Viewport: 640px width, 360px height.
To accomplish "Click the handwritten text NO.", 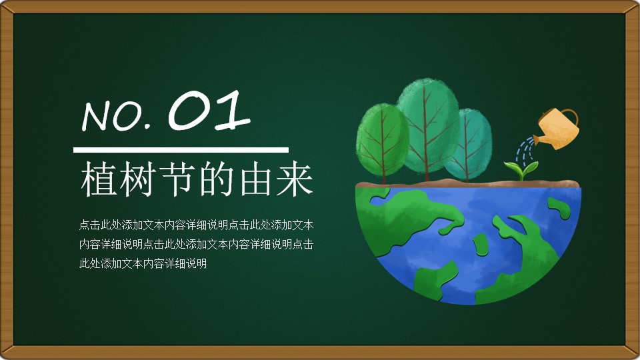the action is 116,116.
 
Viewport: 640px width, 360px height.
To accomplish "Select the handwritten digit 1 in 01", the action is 232,111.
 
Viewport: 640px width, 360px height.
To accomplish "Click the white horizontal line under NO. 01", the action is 181,150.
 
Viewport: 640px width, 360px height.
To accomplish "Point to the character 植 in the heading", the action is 98,179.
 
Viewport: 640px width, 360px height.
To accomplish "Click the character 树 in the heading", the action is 137,179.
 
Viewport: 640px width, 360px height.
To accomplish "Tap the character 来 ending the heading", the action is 295,179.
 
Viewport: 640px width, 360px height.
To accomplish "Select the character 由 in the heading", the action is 255,179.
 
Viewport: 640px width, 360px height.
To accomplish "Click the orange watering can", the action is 556,128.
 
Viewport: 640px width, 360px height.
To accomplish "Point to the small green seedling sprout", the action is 521,170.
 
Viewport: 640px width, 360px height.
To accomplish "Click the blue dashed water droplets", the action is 525,149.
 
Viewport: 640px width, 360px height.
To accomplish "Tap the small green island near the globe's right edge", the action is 559,208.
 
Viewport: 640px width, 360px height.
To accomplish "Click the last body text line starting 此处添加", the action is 143,264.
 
